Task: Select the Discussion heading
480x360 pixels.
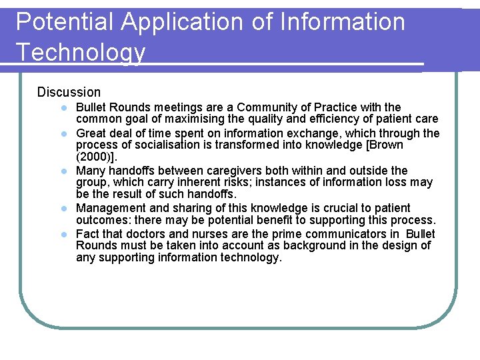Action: (x=69, y=92)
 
